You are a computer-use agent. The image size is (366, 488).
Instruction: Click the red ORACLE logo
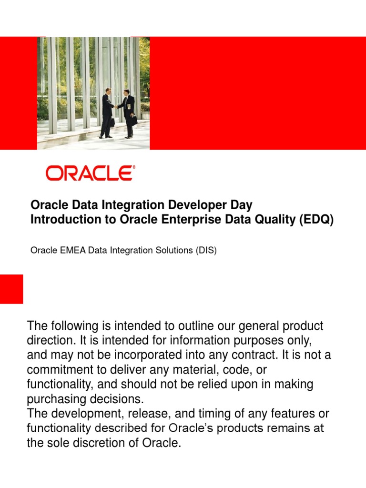pos(90,173)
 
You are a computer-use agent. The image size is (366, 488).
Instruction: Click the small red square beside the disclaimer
pos(11,289)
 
